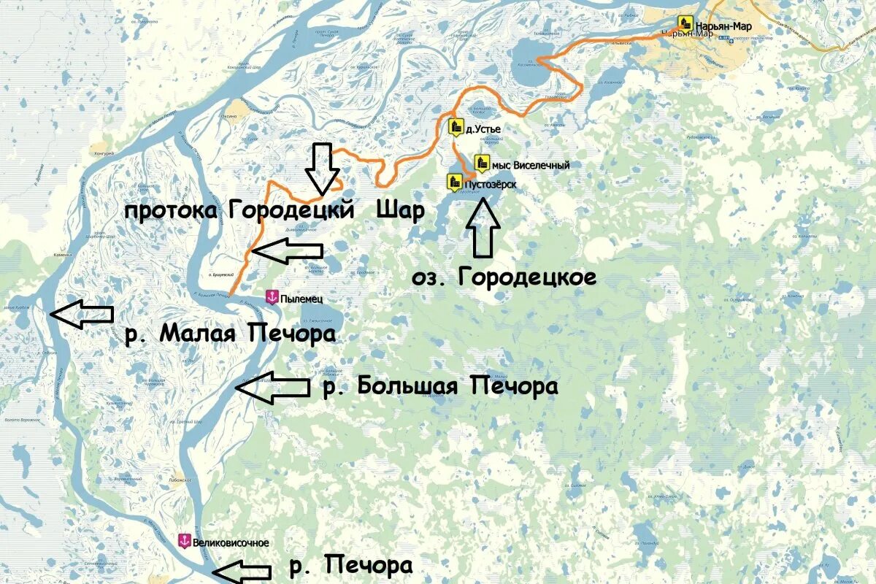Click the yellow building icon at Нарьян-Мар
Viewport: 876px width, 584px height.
click(x=685, y=23)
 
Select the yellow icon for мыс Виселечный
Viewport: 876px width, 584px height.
click(x=482, y=164)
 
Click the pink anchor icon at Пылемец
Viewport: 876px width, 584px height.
click(x=272, y=298)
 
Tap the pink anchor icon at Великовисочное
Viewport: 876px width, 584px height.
click(x=185, y=541)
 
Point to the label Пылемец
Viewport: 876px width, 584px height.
click(x=301, y=299)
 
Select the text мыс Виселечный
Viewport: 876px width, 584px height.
click(x=531, y=166)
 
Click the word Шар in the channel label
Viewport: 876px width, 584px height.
click(x=400, y=210)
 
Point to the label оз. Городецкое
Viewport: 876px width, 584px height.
click(x=504, y=277)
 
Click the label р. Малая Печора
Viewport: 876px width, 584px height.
click(x=230, y=334)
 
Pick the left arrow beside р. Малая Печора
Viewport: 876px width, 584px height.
click(x=81, y=315)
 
